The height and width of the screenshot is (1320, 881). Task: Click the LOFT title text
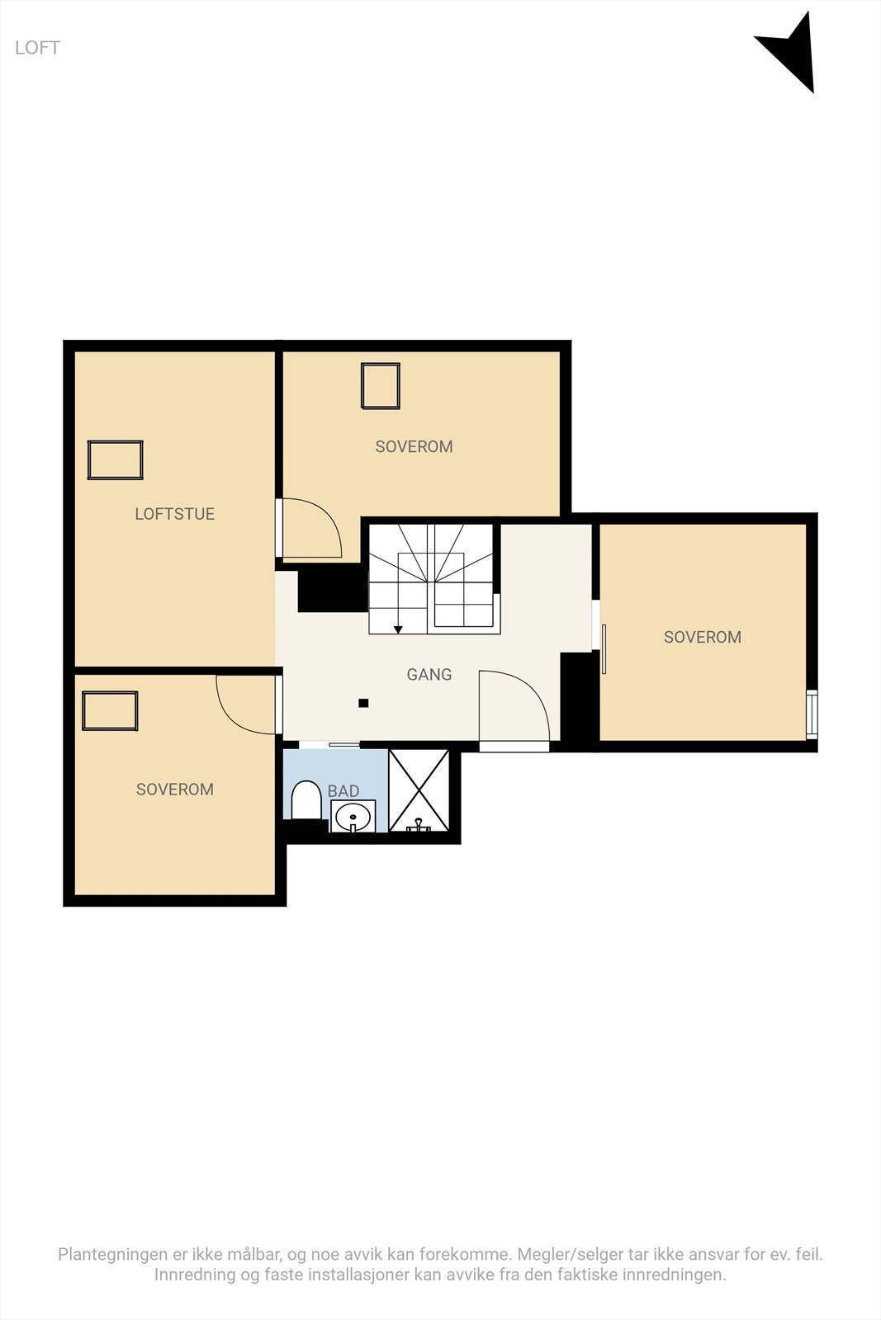tap(37, 48)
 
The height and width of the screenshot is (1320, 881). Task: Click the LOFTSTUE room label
tap(174, 514)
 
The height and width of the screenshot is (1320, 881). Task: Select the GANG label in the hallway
tap(429, 675)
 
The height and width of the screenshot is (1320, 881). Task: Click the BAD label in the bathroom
tap(343, 791)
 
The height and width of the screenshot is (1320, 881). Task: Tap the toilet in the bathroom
tap(306, 800)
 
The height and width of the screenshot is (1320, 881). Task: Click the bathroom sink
tap(353, 816)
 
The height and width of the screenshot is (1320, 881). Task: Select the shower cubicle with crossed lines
tap(419, 790)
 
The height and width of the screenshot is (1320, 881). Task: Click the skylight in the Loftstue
tap(116, 460)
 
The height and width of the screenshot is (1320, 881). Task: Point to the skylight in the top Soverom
tap(381, 386)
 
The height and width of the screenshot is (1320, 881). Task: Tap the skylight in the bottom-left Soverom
tap(110, 711)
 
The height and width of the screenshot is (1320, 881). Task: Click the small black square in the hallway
tap(363, 704)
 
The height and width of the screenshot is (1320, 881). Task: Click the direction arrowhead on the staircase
tap(398, 630)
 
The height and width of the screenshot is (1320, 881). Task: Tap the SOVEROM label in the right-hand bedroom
tap(703, 637)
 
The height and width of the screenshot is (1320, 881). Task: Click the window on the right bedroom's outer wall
tap(812, 714)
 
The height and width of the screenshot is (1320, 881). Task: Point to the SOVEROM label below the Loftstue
tap(175, 790)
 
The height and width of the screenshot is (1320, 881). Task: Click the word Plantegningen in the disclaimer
tap(112, 1255)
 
